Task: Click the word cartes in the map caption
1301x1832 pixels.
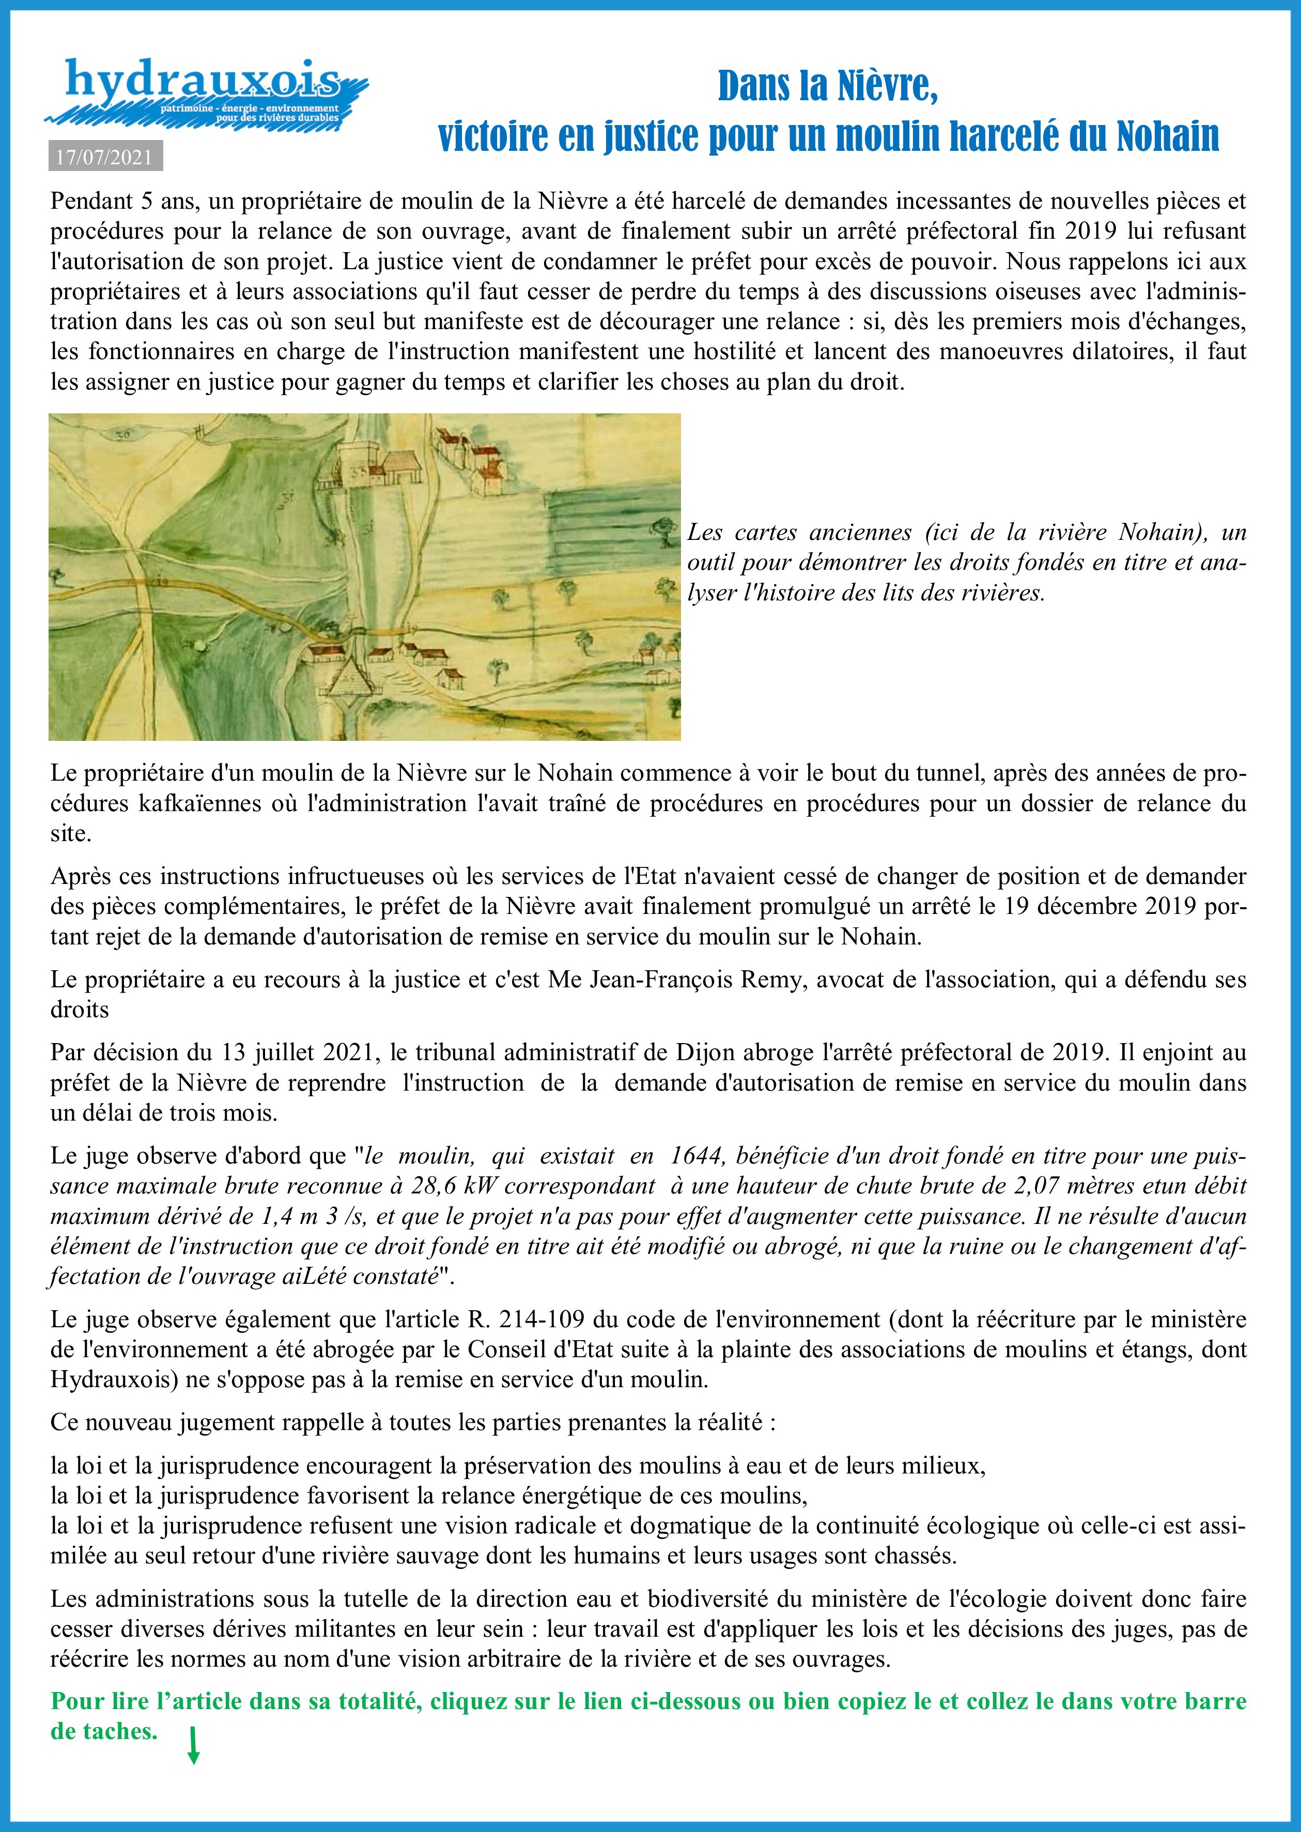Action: [x=767, y=533]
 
